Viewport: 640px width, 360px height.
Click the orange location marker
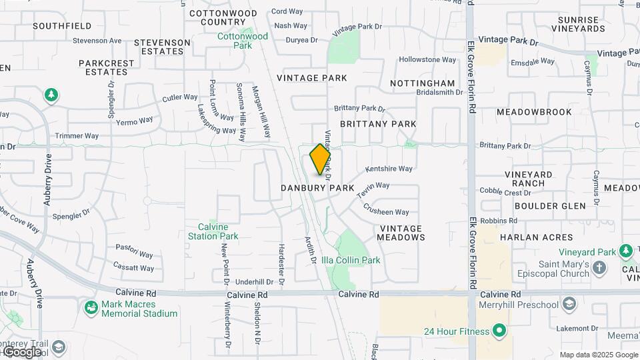[321, 159]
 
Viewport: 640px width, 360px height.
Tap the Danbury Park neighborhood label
[317, 189]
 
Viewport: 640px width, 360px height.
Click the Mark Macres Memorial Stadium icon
[91, 308]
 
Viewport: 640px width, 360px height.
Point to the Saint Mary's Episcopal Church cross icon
[599, 267]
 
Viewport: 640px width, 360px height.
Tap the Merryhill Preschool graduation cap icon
[569, 305]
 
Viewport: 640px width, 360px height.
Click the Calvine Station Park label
[213, 231]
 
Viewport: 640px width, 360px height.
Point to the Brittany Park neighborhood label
[378, 124]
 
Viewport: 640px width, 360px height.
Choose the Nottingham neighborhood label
[422, 83]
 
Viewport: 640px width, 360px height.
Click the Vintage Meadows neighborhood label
[401, 233]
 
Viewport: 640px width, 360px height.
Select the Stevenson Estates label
[162, 47]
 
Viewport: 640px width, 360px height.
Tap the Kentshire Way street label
[389, 169]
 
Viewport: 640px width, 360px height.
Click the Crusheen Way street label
[386, 209]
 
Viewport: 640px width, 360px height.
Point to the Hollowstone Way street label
[427, 60]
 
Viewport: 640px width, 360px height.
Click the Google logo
[21, 351]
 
